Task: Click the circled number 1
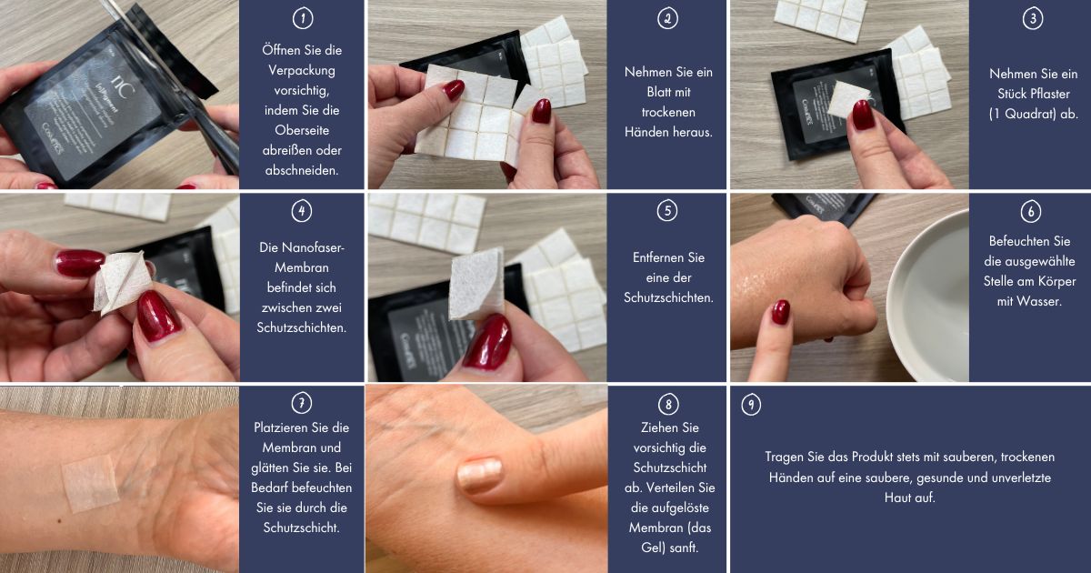(303, 18)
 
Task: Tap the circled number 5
(667, 210)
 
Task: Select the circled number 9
(751, 405)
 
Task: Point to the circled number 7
(302, 403)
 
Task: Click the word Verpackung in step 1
(302, 71)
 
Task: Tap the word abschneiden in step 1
(302, 171)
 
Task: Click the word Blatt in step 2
(656, 92)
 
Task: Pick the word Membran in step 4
(302, 267)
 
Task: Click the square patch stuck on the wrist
(91, 483)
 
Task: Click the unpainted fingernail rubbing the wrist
(480, 475)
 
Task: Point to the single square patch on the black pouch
(848, 100)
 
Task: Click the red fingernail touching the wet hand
(780, 312)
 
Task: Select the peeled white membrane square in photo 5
(476, 284)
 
